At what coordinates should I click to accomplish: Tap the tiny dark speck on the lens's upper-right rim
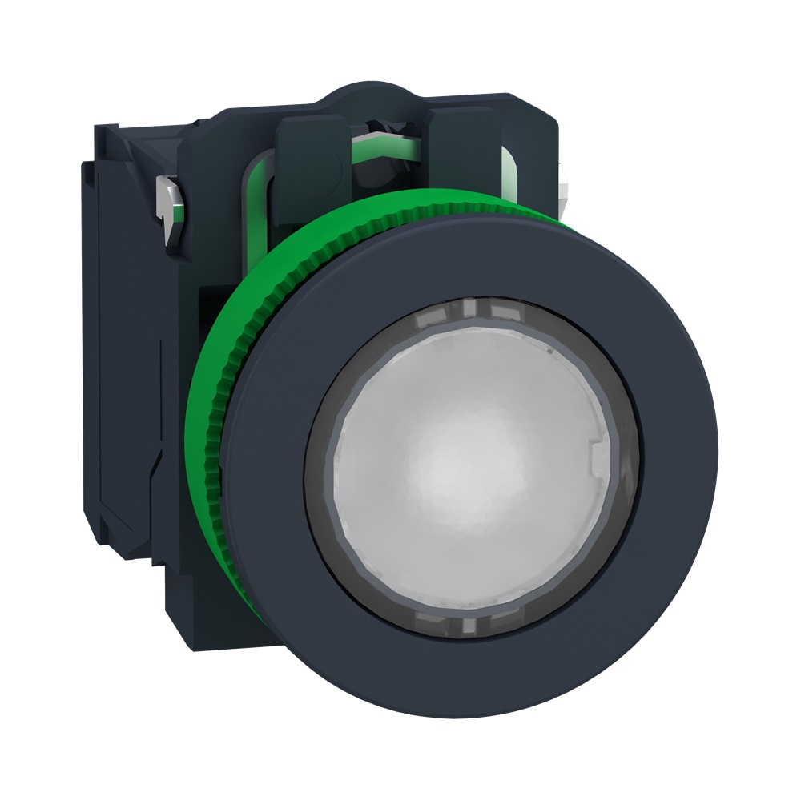point(551,350)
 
